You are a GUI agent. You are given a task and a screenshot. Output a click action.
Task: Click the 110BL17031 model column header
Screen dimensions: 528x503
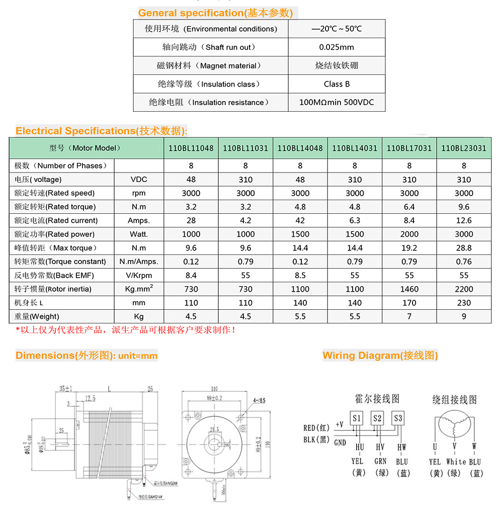409,148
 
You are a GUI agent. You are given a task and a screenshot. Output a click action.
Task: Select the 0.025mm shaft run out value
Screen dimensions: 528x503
337,47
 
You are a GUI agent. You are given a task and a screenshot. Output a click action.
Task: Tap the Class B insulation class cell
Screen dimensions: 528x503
337,84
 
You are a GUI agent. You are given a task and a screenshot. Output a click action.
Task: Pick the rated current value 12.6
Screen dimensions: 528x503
463,220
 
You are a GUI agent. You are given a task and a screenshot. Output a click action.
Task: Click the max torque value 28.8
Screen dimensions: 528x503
463,248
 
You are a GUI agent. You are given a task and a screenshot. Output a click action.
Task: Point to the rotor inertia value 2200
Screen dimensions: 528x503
463,289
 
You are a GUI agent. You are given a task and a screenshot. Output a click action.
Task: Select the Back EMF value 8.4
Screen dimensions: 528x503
191,275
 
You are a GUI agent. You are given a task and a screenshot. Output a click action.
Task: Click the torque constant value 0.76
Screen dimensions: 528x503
463,261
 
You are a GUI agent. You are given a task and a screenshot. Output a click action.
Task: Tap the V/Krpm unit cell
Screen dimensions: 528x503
139,275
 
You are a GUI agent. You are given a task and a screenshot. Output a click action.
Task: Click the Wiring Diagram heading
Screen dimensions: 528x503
380,356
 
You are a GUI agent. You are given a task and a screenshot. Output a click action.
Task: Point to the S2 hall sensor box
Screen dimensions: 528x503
377,418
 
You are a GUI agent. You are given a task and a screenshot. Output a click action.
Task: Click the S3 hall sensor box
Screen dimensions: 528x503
398,418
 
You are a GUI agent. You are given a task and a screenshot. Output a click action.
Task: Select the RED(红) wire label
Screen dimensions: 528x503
316,428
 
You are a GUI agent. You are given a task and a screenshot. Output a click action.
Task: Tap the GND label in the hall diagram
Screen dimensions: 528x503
340,443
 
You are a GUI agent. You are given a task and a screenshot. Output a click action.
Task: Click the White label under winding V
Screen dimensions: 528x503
456,462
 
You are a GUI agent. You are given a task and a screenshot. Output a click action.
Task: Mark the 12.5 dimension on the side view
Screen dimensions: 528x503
90,398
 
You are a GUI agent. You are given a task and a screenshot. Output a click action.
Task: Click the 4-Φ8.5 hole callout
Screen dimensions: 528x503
259,400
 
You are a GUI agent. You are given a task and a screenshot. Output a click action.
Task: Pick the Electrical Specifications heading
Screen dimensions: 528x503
101,131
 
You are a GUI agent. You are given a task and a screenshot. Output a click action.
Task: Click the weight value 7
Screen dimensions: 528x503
409,316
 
